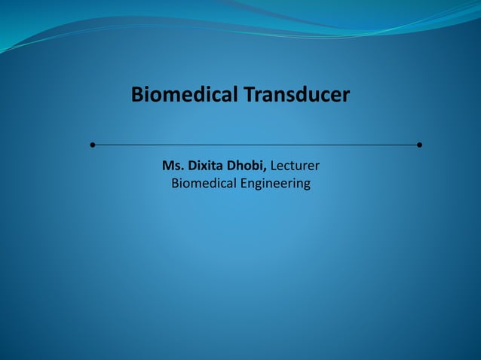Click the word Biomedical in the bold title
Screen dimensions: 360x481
coord(184,96)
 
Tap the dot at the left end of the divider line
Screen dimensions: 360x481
coord(92,144)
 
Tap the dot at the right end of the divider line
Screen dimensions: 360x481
coord(418,144)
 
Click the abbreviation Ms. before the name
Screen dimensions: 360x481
coord(172,165)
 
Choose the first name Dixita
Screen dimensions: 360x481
coord(205,165)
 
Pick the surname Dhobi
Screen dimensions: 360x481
coord(247,165)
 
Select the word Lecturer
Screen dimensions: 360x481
coord(296,165)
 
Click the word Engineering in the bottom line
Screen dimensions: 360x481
coord(275,184)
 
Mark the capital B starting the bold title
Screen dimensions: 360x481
coord(137,96)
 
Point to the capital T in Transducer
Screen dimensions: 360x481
coord(248,96)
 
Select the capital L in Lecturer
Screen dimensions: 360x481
coord(274,165)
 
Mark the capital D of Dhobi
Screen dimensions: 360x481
coord(231,165)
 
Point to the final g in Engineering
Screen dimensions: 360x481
coord(305,185)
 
